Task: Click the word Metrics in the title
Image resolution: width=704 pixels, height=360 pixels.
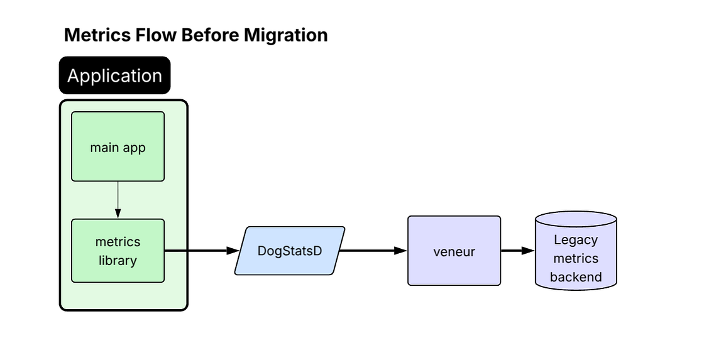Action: (97, 35)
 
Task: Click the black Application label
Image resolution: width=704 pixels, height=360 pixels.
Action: (114, 76)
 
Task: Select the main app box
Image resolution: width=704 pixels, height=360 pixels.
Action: (118, 147)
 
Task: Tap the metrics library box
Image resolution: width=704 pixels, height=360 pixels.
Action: (118, 251)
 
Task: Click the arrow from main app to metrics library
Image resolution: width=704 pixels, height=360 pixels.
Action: (118, 200)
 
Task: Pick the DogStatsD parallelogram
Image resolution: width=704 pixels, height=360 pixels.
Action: (290, 251)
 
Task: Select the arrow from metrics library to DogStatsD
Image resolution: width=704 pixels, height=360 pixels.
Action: (198, 251)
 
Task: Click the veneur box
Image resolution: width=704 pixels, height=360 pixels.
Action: (454, 251)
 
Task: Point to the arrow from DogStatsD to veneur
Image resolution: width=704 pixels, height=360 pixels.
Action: (371, 251)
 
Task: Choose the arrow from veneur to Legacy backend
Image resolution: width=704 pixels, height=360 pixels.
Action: (517, 251)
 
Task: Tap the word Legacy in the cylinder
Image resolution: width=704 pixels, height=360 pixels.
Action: (576, 239)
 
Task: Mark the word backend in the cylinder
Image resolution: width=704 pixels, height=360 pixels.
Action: (576, 277)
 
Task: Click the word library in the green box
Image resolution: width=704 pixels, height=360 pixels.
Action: (118, 260)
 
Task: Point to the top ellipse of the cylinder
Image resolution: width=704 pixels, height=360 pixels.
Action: (576, 219)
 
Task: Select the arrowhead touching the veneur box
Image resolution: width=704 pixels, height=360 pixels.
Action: (401, 251)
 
